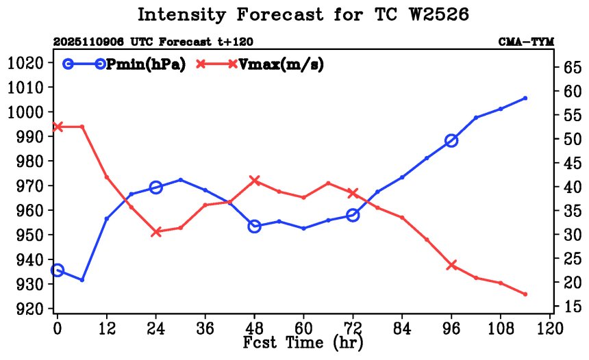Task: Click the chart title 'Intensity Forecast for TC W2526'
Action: [304, 14]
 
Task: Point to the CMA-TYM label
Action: [525, 42]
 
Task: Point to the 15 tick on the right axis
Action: [571, 307]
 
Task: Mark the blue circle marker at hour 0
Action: [58, 270]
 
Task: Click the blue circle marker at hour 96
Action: [451, 141]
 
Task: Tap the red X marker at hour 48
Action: [255, 181]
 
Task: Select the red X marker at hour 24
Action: [156, 232]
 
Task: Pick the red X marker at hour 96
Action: [451, 265]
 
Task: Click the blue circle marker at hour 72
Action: [353, 215]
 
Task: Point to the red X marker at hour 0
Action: [58, 127]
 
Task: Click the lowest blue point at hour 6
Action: [82, 280]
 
